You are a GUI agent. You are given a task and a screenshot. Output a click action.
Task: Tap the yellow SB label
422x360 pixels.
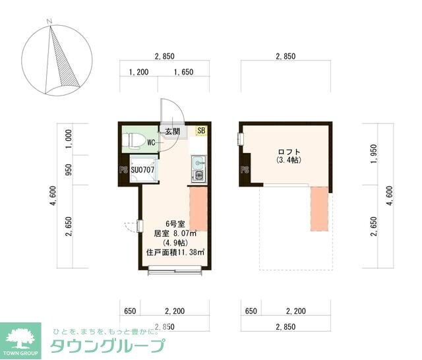point(201,131)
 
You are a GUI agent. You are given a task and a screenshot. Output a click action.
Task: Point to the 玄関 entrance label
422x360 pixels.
point(173,131)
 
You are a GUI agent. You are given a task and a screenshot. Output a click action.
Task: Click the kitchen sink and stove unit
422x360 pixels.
point(198,169)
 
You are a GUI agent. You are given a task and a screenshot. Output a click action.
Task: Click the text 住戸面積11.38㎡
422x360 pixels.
point(175,251)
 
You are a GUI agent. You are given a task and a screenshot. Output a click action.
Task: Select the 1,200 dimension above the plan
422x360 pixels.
point(138,73)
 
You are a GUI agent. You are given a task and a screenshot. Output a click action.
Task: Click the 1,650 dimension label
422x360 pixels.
point(183,73)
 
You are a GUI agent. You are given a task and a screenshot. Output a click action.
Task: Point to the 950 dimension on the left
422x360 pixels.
point(69,170)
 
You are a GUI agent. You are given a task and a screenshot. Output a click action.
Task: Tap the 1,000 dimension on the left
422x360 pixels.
point(69,138)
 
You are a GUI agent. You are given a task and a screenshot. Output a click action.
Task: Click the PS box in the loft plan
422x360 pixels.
point(244,170)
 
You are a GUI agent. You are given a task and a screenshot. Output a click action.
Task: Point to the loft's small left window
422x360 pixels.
point(241,139)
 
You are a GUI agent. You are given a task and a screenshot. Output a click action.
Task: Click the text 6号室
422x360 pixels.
point(175,222)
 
